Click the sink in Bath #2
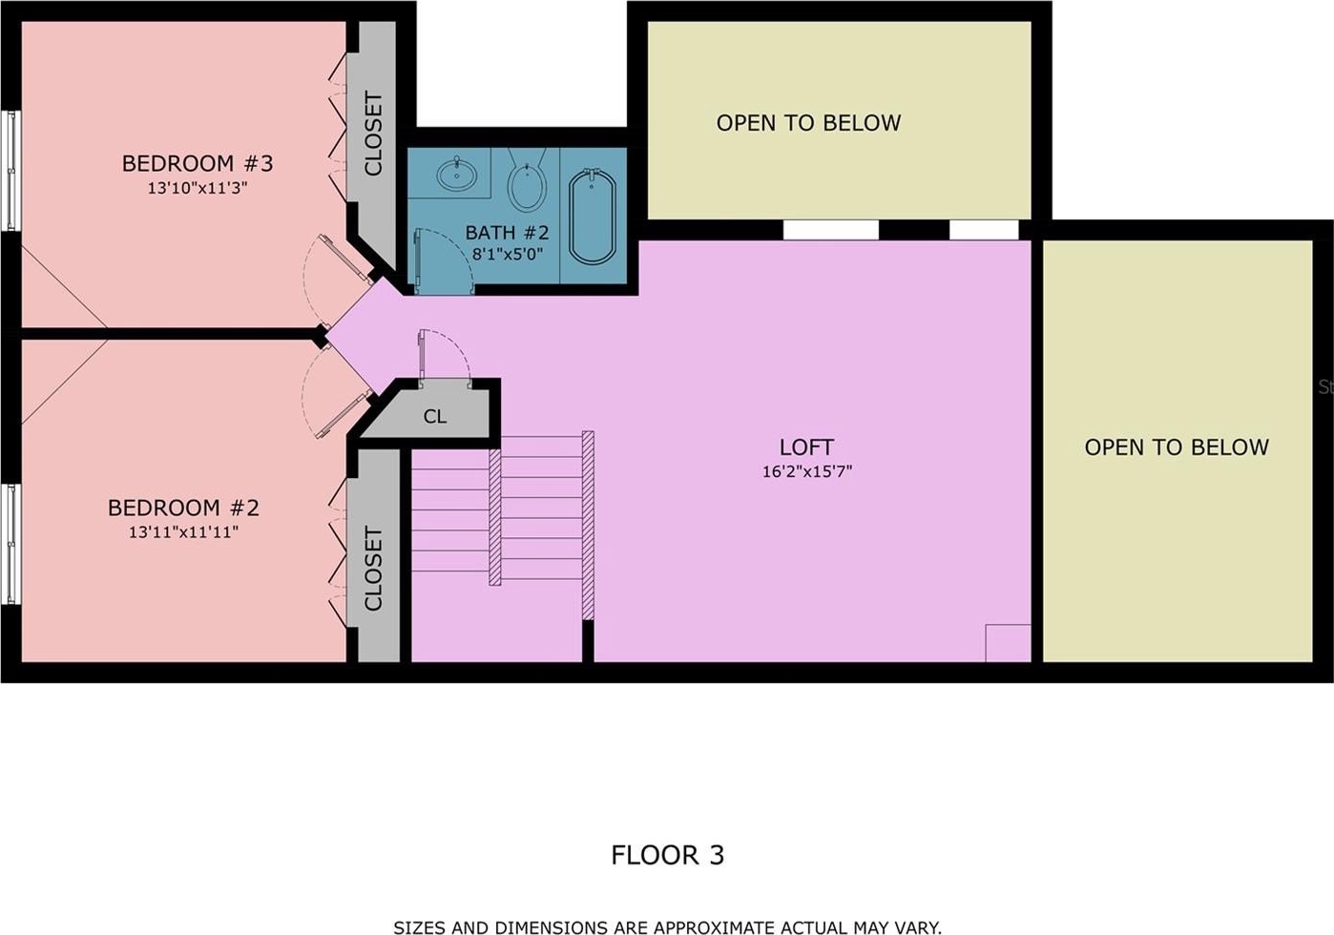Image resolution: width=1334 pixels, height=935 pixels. [x=457, y=174]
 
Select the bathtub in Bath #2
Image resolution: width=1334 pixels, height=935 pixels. [x=592, y=217]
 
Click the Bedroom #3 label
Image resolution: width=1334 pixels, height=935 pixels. [x=198, y=163]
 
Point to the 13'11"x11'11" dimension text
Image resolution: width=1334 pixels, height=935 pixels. [x=183, y=531]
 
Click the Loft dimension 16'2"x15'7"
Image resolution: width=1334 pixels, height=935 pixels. [x=807, y=471]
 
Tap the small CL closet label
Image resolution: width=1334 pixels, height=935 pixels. [x=435, y=416]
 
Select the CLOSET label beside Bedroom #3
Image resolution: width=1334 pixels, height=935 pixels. [x=373, y=134]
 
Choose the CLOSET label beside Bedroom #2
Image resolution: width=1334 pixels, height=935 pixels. [x=373, y=568]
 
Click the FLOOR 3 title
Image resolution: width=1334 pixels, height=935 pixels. [x=668, y=855]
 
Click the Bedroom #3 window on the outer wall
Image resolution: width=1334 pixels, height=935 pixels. [x=11, y=171]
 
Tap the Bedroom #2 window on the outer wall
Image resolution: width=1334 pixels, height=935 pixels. [x=11, y=544]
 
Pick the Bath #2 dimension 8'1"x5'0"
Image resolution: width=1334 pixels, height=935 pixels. [x=508, y=255]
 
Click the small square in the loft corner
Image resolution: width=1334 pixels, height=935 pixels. [x=1009, y=643]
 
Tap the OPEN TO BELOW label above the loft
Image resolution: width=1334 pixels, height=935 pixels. [x=808, y=123]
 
